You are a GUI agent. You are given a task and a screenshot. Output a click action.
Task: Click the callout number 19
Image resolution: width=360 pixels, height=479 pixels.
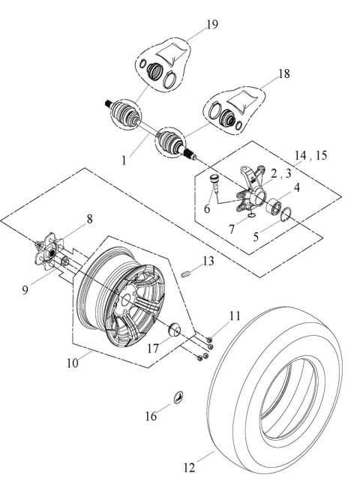click(212, 25)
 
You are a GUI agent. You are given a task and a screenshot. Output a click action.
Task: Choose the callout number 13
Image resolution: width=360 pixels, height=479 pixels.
click(208, 261)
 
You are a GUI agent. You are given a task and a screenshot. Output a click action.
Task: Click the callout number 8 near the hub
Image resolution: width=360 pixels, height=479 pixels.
click(89, 220)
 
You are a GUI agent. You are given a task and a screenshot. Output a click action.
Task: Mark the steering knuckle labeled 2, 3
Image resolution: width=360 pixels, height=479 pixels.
click(249, 185)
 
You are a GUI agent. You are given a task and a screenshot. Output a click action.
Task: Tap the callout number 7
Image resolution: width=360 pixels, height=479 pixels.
click(232, 228)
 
